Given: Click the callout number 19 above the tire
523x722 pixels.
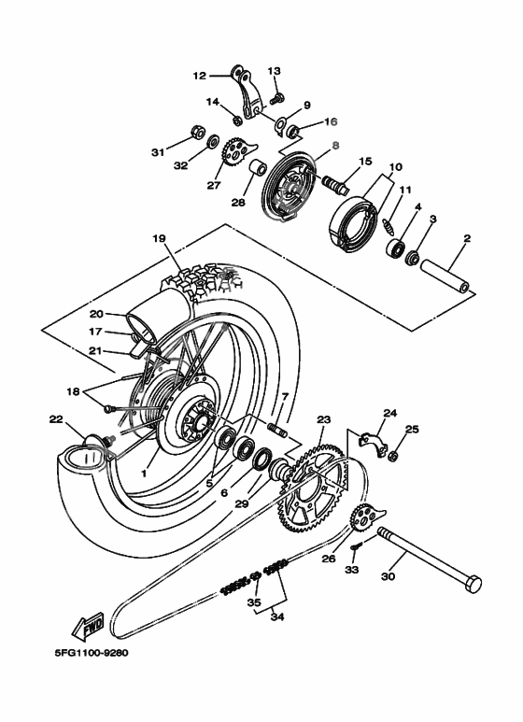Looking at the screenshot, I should point(160,239).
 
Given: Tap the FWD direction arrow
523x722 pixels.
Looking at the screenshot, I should point(87,624).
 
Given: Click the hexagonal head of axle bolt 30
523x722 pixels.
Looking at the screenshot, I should point(473,586).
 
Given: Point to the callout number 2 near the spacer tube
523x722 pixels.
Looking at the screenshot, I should point(464,239).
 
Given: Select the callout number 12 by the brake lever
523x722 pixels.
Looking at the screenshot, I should point(199,76).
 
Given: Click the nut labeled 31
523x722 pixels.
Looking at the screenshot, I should point(199,131).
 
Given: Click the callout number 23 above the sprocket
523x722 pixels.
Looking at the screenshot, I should point(324,420).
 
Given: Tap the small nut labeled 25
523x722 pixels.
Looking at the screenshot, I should point(394,456).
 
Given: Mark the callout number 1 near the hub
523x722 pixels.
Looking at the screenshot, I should point(145,474).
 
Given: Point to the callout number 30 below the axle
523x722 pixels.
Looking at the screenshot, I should point(389,576).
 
